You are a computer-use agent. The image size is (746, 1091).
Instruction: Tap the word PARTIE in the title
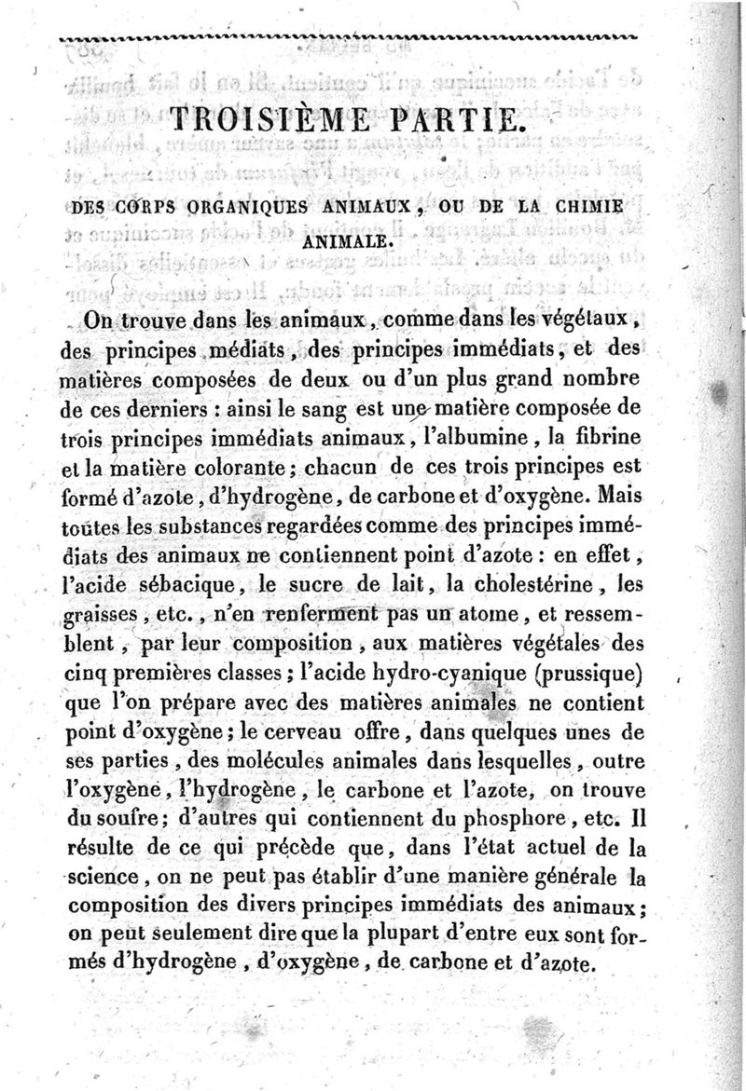click(443, 121)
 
